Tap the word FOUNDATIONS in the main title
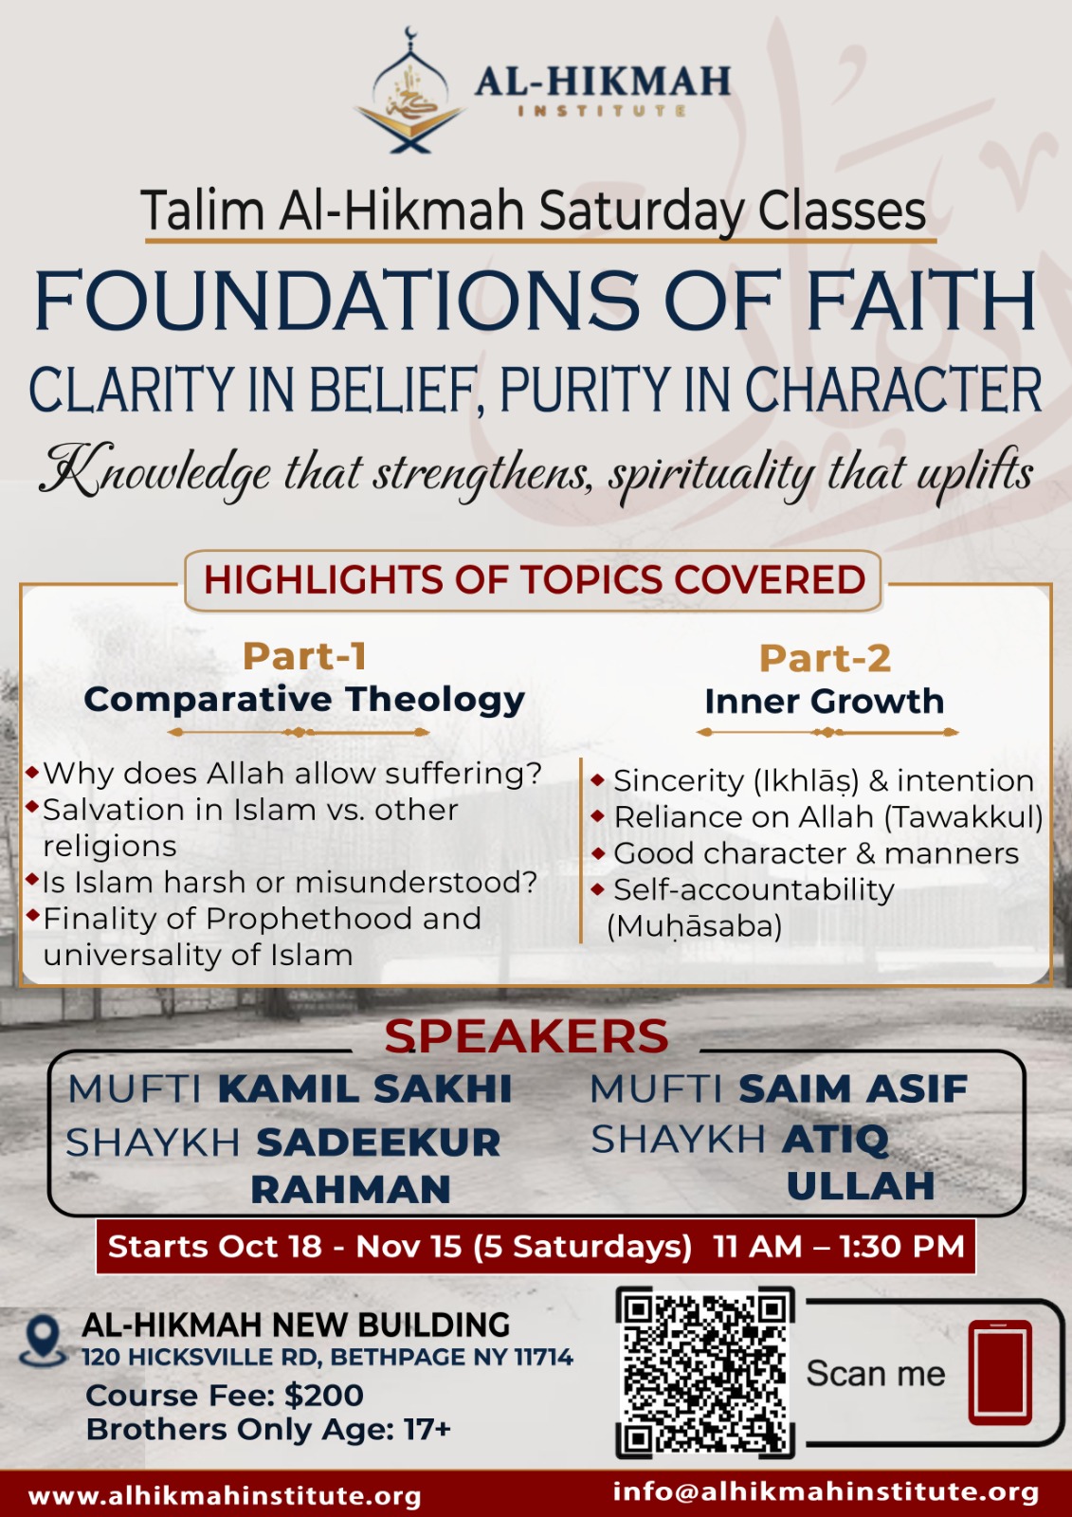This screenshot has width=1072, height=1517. [x=336, y=300]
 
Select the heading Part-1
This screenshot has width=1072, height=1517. [x=305, y=656]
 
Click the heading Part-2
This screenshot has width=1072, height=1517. [x=825, y=658]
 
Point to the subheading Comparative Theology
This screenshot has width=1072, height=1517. [x=305, y=700]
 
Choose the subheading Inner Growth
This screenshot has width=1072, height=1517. [x=825, y=702]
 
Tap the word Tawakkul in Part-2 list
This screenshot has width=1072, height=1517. [x=964, y=817]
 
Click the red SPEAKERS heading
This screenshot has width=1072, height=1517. [x=526, y=1037]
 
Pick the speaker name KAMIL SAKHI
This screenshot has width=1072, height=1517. [x=364, y=1089]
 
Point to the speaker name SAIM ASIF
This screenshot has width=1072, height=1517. [x=853, y=1089]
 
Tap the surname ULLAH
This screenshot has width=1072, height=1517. [x=861, y=1185]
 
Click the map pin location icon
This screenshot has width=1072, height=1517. [x=43, y=1341]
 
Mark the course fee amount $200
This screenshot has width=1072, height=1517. [x=324, y=1396]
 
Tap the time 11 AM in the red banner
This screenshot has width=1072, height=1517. [x=757, y=1247]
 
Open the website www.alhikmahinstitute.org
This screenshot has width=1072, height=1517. [x=225, y=1496]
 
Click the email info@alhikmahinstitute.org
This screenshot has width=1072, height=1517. [x=827, y=1492]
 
